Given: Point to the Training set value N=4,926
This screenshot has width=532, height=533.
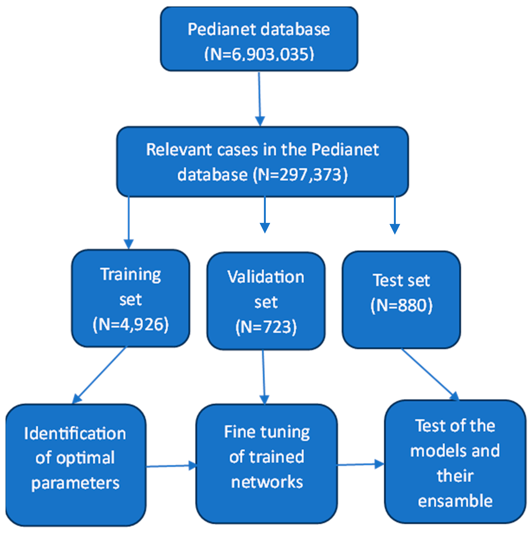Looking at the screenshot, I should tap(130, 324).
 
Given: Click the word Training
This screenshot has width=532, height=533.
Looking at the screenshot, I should tap(130, 275).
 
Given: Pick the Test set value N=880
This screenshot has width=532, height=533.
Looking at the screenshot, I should tap(401, 305).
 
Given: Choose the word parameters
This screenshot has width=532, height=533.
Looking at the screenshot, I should tap(75, 483).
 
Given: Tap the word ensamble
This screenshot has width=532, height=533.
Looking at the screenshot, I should tap(455, 501).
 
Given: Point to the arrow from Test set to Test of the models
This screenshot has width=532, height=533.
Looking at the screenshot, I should tap(429, 374).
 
